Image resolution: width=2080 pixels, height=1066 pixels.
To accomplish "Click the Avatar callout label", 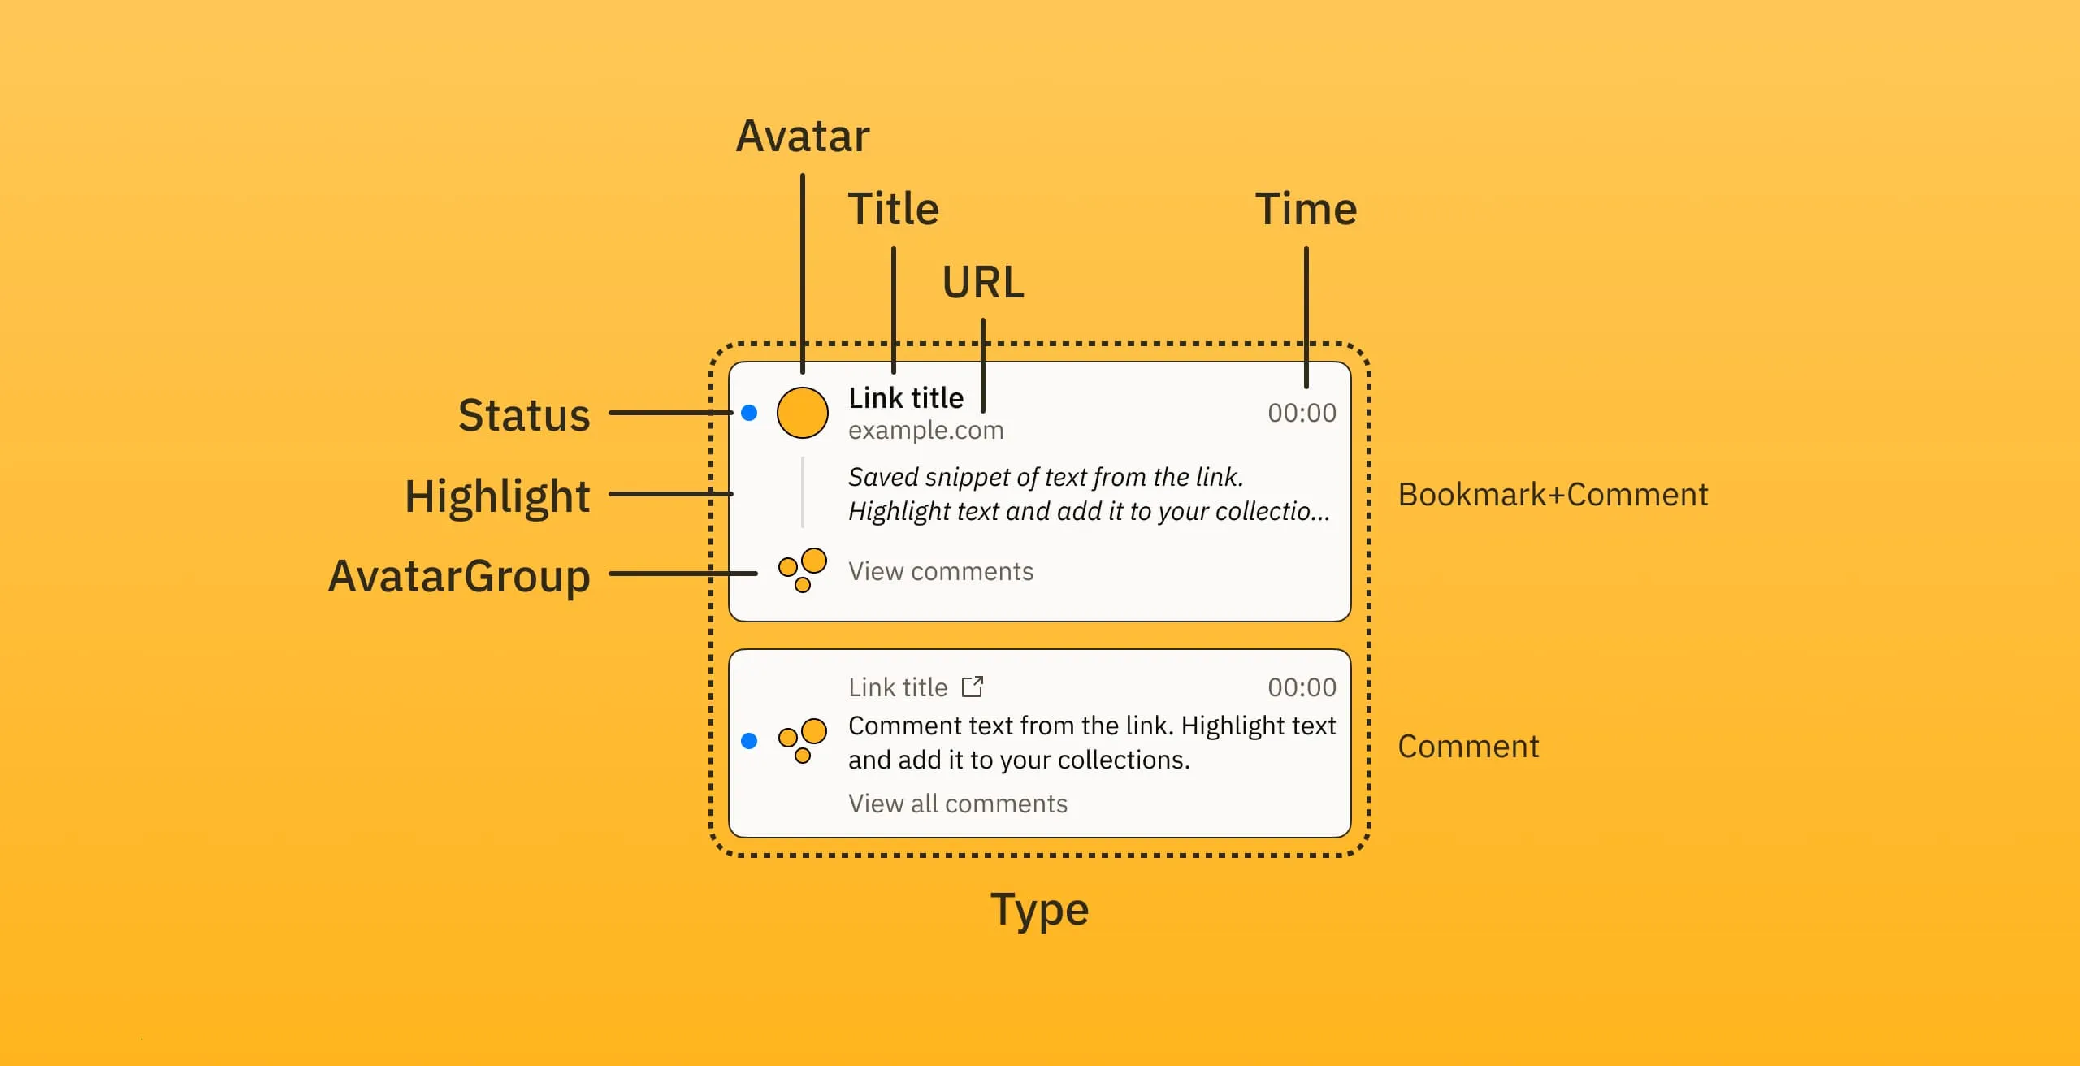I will [802, 136].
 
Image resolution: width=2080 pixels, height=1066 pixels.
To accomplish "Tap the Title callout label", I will [893, 210].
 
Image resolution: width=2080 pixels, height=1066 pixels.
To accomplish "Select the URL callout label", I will [983, 283].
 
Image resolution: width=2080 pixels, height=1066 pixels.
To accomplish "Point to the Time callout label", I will [1306, 210].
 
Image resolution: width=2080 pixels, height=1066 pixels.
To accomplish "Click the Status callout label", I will [524, 415].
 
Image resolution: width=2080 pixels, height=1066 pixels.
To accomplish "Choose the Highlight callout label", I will [497, 496].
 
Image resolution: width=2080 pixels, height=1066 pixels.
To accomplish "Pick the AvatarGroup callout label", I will [459, 576].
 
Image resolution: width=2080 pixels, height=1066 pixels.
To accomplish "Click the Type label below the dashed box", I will [1039, 909].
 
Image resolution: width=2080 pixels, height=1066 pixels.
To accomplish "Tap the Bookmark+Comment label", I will [1553, 495].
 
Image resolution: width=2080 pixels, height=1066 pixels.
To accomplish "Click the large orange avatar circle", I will [802, 413].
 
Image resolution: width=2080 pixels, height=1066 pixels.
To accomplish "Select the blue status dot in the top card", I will [749, 413].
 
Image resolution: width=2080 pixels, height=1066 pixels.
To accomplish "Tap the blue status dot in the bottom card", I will [749, 740].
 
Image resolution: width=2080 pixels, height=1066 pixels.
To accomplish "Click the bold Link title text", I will [906, 398].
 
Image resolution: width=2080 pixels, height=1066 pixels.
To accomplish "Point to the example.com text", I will [925, 430].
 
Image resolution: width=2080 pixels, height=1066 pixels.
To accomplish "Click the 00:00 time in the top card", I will [1302, 413].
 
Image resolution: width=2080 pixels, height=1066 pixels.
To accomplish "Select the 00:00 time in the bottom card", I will [1302, 687].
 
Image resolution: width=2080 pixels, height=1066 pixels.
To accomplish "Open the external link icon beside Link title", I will [973, 687].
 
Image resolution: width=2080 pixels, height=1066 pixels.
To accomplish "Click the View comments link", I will [941, 571].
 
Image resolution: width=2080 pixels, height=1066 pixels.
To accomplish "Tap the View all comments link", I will [958, 804].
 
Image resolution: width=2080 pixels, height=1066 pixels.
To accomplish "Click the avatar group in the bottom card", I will [802, 740].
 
